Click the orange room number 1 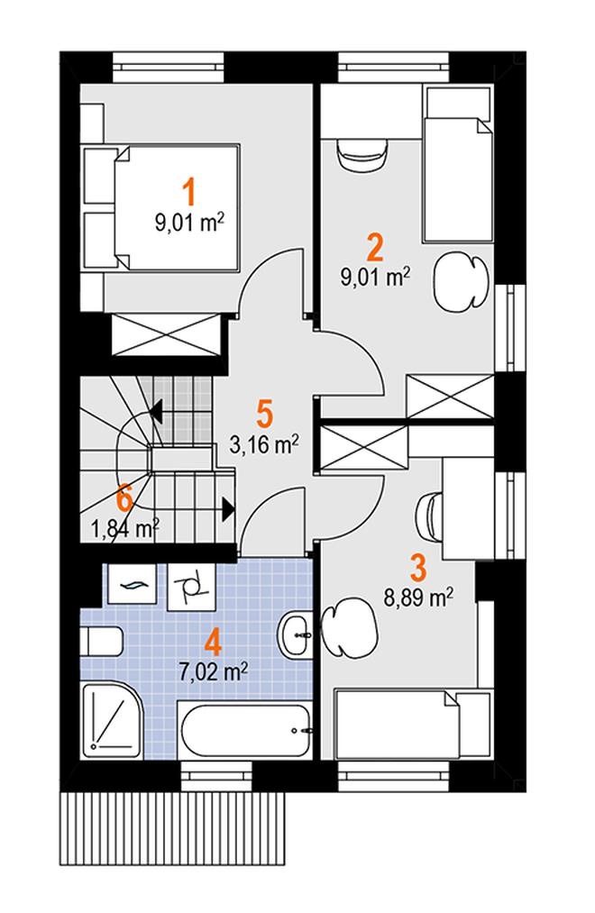click(x=188, y=193)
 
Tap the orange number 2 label click(x=374, y=247)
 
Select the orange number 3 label click(x=418, y=568)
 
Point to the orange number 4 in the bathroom click(x=213, y=643)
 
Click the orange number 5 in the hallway click(x=264, y=414)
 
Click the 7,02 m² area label click(x=213, y=672)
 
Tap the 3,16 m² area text click(x=264, y=445)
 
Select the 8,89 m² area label click(x=418, y=598)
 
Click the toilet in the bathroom click(x=101, y=641)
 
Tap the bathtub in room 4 click(x=244, y=729)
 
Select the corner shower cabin click(x=111, y=720)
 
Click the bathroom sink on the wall click(x=297, y=635)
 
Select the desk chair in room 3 click(x=430, y=511)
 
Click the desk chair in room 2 click(x=362, y=155)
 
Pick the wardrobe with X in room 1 click(x=166, y=333)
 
